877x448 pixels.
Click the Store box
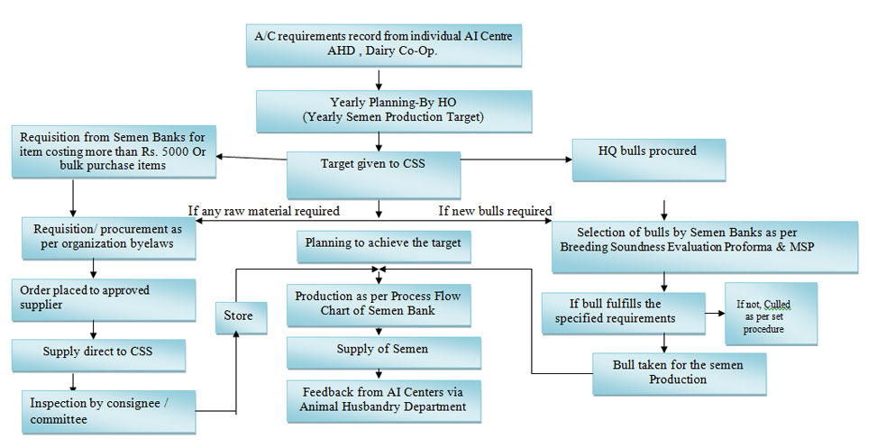(241, 317)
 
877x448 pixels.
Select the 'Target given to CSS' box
(374, 175)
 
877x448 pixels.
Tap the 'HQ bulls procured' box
(649, 160)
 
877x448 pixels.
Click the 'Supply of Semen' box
(384, 352)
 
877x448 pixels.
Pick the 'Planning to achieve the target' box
(384, 247)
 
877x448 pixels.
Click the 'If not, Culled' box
(771, 314)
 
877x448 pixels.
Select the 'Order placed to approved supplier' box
(104, 300)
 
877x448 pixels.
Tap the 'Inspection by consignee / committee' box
(109, 412)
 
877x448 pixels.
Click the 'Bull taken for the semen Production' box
(679, 373)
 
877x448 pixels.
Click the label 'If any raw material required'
(264, 211)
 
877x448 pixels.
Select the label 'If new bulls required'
(495, 211)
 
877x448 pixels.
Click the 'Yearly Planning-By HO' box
(394, 112)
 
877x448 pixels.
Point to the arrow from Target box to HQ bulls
(516, 160)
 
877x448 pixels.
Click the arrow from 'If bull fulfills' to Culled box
(715, 313)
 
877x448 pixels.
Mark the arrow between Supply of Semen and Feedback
(379, 374)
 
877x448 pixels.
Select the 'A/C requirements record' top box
(384, 45)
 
